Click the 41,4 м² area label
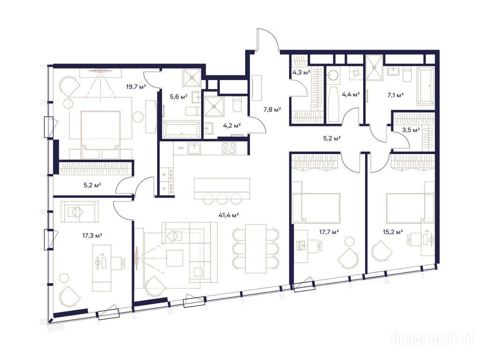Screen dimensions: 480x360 tap(228, 215)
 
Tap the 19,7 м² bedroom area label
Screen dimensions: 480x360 tap(136, 87)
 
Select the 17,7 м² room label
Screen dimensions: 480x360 tap(329, 232)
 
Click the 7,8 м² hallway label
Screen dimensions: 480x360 tap(272, 109)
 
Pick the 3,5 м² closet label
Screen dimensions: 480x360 tap(411, 130)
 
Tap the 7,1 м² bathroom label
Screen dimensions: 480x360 tap(396, 95)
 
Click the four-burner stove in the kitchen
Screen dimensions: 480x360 tap(229, 148)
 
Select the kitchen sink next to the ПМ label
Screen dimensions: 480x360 tap(194, 149)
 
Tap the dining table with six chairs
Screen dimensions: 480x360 tap(255, 248)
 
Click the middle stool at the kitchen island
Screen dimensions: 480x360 tap(222, 199)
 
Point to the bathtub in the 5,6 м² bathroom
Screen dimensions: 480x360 tap(181, 129)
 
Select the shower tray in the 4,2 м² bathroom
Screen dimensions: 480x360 tap(214, 106)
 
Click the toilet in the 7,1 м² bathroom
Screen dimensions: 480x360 tap(407, 75)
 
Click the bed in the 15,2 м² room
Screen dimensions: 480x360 tap(410, 208)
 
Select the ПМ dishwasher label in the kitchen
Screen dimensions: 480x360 tap(180, 149)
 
